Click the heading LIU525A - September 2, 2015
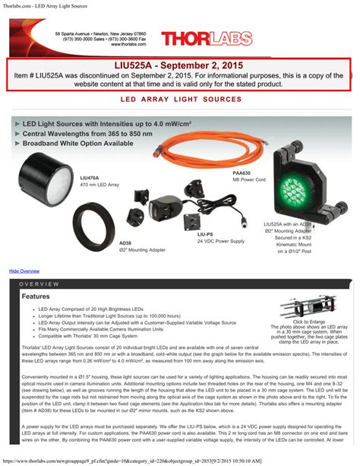point(179,66)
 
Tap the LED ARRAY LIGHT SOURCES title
point(180,100)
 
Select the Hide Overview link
point(24,271)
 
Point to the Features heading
point(36,296)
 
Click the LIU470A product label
point(89,176)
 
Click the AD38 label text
point(125,243)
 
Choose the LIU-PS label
point(205,235)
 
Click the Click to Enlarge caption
point(307,322)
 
